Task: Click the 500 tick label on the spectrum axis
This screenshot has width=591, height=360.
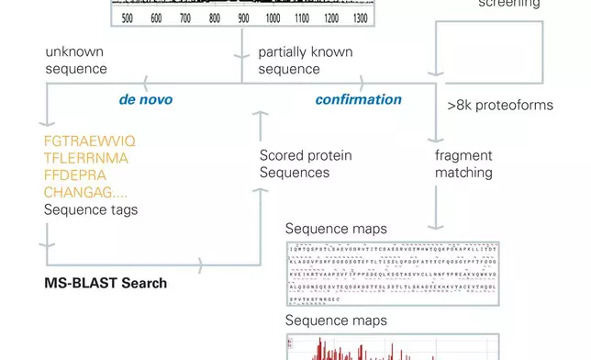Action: click(127, 18)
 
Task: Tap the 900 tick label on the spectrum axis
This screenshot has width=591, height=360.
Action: click(243, 18)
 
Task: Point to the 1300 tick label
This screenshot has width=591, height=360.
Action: click(360, 18)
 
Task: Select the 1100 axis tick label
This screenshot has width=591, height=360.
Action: click(301, 18)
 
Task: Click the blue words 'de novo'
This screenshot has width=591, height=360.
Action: click(146, 99)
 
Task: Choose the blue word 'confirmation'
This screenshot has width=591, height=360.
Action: click(359, 99)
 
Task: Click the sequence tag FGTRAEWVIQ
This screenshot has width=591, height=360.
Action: click(90, 141)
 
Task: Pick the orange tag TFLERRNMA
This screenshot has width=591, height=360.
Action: click(86, 158)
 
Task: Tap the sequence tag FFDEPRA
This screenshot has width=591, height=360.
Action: click(75, 174)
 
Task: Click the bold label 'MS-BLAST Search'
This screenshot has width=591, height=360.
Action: click(106, 283)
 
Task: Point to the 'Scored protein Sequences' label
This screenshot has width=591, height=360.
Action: click(306, 164)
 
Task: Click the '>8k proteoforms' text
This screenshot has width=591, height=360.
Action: click(500, 105)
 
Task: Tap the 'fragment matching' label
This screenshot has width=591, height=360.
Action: click(463, 164)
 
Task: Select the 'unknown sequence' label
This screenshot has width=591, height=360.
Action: click(76, 61)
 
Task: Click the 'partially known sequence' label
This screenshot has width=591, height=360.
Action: click(304, 61)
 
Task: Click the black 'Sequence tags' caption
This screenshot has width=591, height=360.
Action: click(91, 209)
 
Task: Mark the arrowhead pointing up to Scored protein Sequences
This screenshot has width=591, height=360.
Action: click(261, 118)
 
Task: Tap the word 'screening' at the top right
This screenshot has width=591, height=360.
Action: click(509, 4)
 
